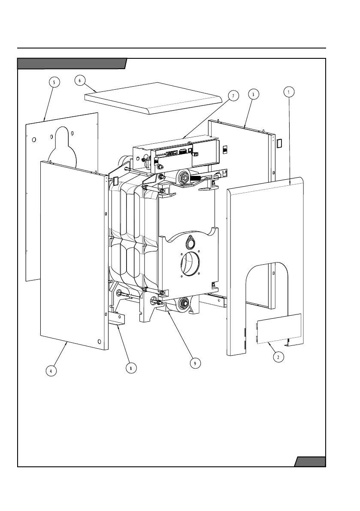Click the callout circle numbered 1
(x=289, y=91)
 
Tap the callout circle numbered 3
(x=254, y=94)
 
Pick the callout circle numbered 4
(x=51, y=371)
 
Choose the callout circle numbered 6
(x=79, y=80)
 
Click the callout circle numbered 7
(x=233, y=96)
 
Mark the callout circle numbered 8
(x=131, y=367)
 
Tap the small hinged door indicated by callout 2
(x=279, y=329)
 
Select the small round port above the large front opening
(x=190, y=244)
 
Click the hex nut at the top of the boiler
(x=185, y=176)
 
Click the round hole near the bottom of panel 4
(x=100, y=341)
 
